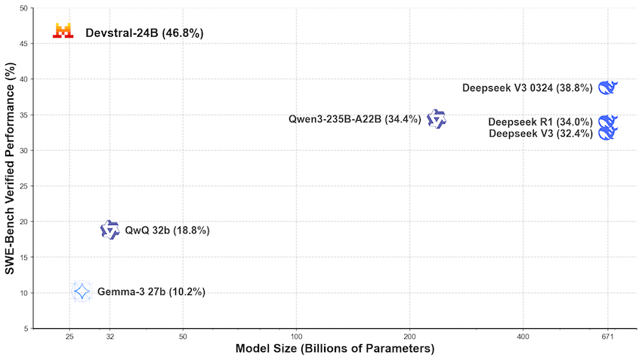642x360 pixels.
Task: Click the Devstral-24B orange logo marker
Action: [63, 31]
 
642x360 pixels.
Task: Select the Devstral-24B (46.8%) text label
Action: [144, 33]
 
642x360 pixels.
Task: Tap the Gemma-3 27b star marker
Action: [82, 291]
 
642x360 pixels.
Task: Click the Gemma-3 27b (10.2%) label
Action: [151, 292]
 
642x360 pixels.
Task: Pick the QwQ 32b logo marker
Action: [110, 230]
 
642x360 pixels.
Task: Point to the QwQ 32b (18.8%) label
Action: [167, 231]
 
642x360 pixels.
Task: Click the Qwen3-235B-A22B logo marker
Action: [437, 119]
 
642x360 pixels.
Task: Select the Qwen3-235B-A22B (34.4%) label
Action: [355, 119]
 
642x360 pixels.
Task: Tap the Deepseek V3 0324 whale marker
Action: [608, 88]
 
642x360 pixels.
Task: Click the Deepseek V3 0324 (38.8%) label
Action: [527, 88]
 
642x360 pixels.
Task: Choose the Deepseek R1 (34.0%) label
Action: [540, 122]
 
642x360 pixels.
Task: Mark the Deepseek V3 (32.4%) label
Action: [541, 134]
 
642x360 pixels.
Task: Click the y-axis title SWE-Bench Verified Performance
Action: [11, 168]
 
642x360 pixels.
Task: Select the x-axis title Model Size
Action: [335, 349]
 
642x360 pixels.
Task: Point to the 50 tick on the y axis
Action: [24, 8]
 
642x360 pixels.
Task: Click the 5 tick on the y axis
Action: [26, 328]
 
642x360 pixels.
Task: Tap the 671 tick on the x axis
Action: [608, 337]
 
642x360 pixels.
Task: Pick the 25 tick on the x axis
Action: [69, 337]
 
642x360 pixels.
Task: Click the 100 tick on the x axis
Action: [297, 337]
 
